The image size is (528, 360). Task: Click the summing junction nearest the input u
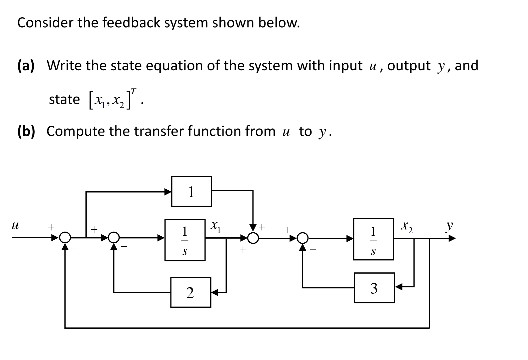click(x=66, y=238)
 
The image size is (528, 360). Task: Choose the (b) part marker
click(x=27, y=131)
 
